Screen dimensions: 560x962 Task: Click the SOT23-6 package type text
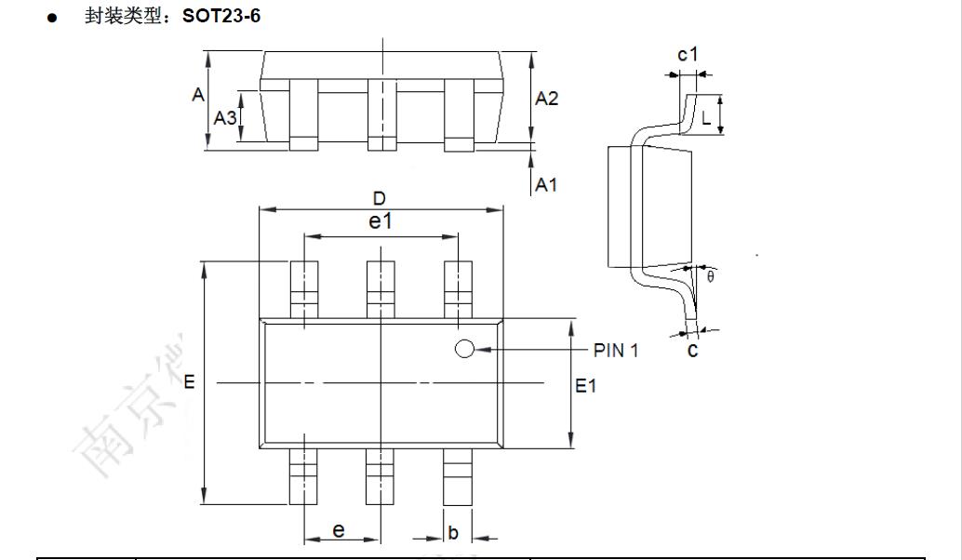[221, 16]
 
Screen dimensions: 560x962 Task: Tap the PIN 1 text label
[616, 351]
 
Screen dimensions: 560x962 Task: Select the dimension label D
[379, 198]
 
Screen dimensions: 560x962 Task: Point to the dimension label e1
[381, 221]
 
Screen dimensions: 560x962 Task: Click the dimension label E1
[585, 385]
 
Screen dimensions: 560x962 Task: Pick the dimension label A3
[225, 118]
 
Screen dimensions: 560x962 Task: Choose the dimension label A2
[547, 99]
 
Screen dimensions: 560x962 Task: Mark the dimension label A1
[546, 184]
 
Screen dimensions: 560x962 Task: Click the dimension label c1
[688, 55]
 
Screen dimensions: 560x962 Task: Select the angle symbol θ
[711, 277]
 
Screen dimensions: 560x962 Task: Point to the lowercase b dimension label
[453, 533]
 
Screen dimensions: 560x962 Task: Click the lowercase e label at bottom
[339, 530]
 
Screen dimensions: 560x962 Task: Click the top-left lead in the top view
[303, 289]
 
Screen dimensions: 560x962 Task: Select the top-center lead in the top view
[380, 289]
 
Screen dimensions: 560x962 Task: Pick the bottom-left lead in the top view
[303, 476]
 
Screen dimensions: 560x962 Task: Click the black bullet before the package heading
[53, 18]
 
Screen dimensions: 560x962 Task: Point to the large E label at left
[189, 382]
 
